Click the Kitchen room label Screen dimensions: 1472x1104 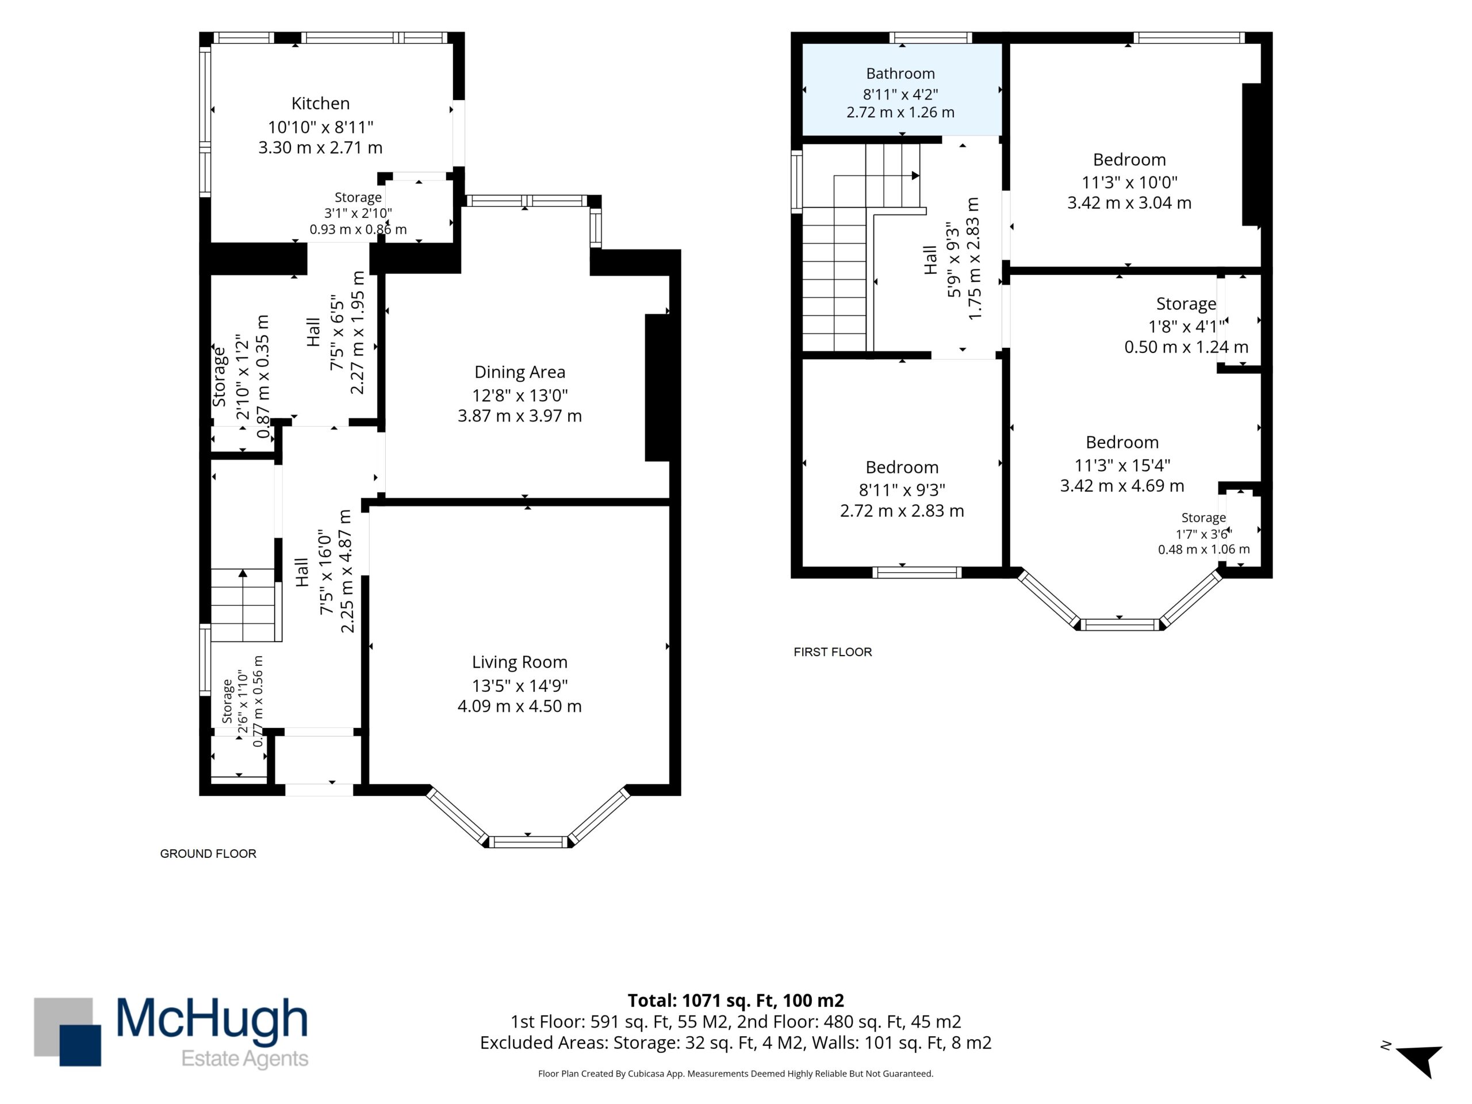(x=320, y=103)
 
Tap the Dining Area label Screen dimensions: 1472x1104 (x=520, y=372)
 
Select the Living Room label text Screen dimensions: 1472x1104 (x=520, y=662)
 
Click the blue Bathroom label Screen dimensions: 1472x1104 (x=900, y=73)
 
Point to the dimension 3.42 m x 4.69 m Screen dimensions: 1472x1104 (x=1122, y=486)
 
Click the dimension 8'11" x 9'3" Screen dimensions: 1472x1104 (x=902, y=490)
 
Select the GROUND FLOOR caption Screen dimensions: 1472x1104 (x=208, y=854)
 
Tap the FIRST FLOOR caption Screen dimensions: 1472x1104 (x=833, y=652)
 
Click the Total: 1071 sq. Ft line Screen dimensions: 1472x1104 (x=736, y=1000)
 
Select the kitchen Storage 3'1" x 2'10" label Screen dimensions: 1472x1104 (x=358, y=213)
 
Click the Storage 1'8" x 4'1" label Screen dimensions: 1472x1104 (x=1187, y=325)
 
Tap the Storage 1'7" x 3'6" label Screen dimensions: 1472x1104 (x=1204, y=533)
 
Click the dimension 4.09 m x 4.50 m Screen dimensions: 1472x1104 (x=520, y=706)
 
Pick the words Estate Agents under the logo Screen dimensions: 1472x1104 (x=245, y=1059)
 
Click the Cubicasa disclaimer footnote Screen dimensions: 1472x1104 (x=736, y=1074)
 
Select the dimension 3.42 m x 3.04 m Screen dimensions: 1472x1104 (x=1129, y=203)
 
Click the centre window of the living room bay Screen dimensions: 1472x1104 (x=529, y=842)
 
